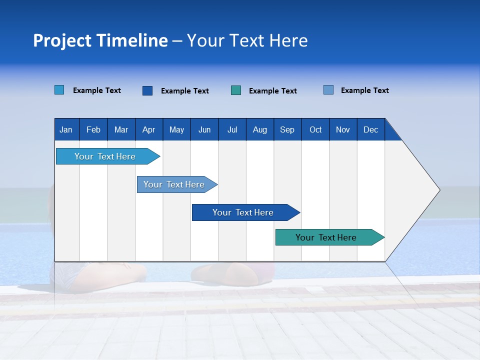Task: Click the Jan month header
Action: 66,129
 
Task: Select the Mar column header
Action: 121,129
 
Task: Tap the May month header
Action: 176,129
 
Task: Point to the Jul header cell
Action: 232,129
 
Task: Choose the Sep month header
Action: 287,129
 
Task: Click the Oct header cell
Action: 315,129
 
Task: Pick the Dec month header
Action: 370,129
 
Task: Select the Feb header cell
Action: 93,129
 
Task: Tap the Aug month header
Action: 259,129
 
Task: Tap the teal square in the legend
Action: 236,90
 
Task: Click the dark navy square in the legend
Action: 147,90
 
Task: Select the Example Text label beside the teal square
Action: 272,91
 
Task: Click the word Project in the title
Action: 62,40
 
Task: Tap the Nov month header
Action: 342,129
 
